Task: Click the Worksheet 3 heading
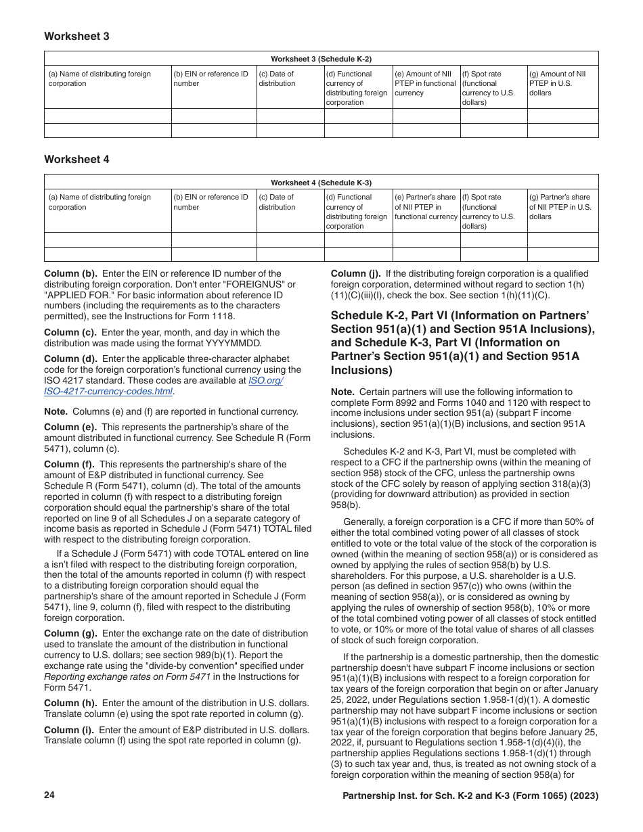click(76, 37)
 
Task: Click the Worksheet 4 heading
click(76, 160)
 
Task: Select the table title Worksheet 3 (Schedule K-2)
click(321, 59)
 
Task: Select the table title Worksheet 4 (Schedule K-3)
click(321, 182)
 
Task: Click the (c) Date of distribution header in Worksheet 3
click(277, 78)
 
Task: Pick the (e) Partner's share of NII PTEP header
click(426, 207)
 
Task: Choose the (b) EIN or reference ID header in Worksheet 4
click(211, 202)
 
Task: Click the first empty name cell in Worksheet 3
click(108, 116)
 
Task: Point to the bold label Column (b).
click(70, 274)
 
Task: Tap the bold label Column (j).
click(356, 274)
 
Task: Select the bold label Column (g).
click(70, 634)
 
